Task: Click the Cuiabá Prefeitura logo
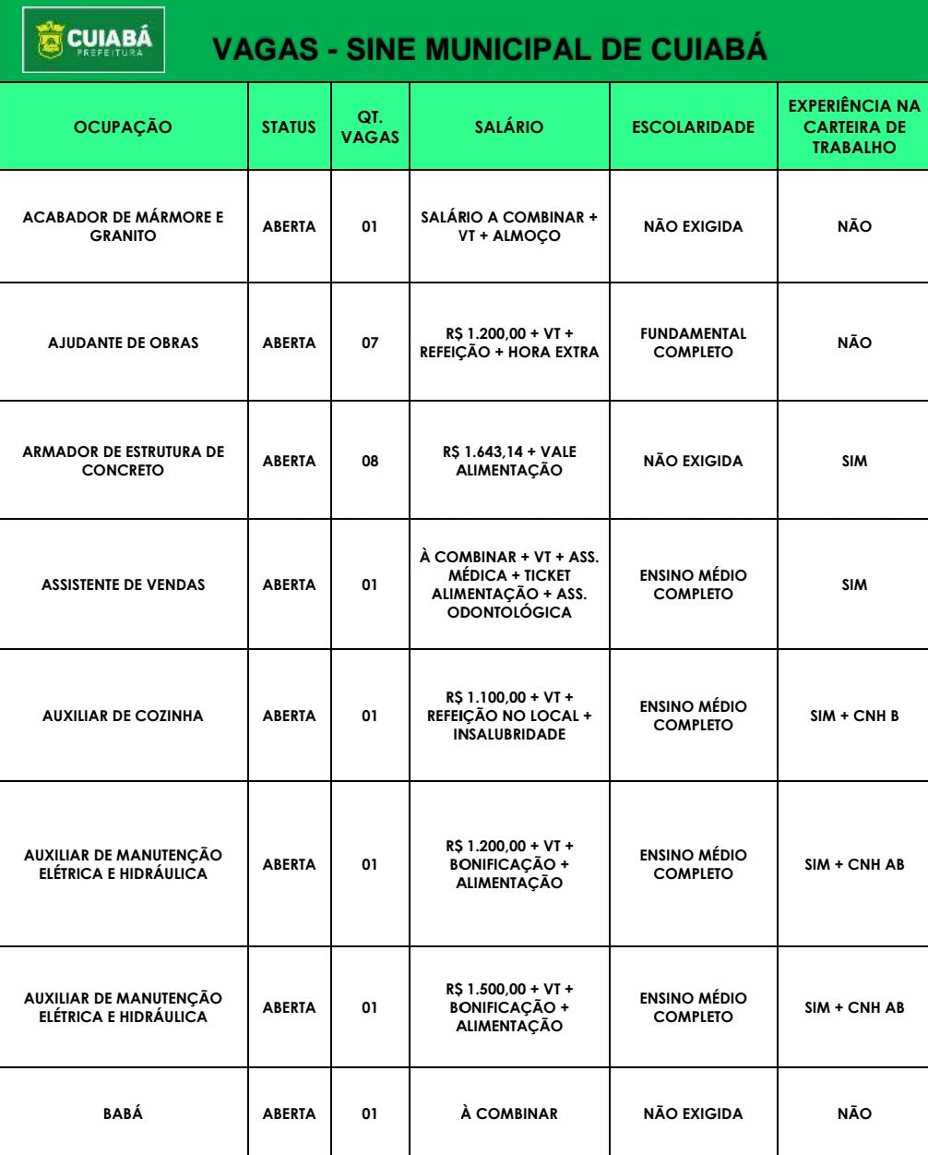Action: coord(84,39)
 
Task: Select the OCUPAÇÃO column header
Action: coord(124,128)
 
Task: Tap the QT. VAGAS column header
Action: coord(370,127)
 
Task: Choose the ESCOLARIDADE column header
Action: coord(693,128)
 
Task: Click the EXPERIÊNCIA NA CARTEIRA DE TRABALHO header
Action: coord(855,128)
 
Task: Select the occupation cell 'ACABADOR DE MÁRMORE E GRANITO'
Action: coord(124,226)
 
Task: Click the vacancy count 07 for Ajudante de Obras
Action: coord(370,343)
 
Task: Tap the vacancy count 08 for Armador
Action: coord(370,461)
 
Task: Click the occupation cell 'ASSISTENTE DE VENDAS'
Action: coord(124,584)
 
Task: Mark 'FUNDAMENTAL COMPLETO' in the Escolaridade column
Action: coord(693,343)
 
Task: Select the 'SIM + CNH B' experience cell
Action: coord(855,716)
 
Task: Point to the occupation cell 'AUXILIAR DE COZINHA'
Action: coord(124,716)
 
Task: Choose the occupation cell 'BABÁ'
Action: coord(124,1113)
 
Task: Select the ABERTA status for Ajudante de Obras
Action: coord(290,343)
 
